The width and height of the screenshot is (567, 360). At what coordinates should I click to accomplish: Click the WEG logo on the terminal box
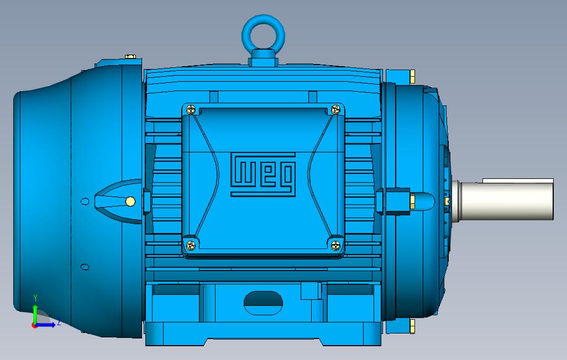coord(262,174)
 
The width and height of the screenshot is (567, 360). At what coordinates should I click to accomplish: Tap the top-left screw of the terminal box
coord(191,110)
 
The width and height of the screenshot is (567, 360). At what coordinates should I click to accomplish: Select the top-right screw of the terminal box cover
coord(335,110)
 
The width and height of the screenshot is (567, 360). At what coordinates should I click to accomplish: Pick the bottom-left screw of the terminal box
coord(191,245)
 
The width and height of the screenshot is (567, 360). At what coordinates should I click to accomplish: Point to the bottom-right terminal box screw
coord(335,245)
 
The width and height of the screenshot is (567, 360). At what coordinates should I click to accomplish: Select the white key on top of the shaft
coord(517,181)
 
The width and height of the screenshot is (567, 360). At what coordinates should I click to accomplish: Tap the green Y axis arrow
coord(35,309)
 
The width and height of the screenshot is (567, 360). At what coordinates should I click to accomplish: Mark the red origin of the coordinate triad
coord(35,325)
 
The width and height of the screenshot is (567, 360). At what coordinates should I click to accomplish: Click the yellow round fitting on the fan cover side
coord(130,201)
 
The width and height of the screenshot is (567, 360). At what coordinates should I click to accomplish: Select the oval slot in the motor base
coord(263,300)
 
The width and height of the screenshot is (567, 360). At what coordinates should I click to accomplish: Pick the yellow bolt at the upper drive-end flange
coord(413,76)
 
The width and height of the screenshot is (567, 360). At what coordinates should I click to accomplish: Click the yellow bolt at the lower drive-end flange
coord(413,326)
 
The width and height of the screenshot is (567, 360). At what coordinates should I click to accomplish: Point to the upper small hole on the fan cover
coord(85,201)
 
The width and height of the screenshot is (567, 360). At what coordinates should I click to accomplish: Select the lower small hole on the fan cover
coord(85,267)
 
